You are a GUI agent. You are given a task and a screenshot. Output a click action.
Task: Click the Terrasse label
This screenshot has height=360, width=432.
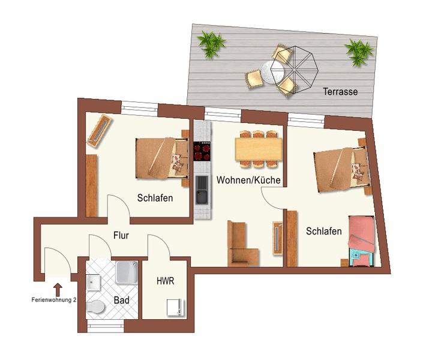click(340, 91)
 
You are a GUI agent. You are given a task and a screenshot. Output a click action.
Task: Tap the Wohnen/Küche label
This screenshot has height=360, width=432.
click(248, 180)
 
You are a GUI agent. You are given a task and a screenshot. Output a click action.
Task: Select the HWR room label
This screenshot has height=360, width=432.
click(166, 281)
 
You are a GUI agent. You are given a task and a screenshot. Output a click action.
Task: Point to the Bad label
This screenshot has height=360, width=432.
click(121, 300)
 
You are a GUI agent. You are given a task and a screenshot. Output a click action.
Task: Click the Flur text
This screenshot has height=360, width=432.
click(121, 235)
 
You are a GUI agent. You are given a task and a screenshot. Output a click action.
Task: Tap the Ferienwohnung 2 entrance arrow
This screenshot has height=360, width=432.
click(58, 290)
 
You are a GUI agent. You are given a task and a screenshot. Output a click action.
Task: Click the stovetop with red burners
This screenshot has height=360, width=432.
click(202, 151)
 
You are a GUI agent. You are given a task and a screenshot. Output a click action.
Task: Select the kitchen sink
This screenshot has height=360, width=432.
click(202, 190)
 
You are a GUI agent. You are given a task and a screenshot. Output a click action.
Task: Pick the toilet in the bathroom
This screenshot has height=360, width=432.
click(95, 307)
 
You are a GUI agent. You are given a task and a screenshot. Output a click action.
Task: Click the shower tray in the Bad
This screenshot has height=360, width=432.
click(127, 272)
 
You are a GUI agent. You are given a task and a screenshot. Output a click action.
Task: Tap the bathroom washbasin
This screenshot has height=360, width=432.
click(93, 283)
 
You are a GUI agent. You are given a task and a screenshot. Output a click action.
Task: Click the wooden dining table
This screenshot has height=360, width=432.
click(259, 149)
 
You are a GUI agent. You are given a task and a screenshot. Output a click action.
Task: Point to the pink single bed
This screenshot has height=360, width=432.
click(362, 241)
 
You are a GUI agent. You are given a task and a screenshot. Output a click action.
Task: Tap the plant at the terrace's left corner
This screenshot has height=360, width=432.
click(211, 44)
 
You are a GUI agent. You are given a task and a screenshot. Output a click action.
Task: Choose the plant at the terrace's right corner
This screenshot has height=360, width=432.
click(359, 52)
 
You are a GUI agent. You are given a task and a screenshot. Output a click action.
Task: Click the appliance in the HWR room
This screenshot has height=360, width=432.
click(175, 307)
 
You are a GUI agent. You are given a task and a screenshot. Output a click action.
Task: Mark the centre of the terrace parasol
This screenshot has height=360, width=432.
click(294, 70)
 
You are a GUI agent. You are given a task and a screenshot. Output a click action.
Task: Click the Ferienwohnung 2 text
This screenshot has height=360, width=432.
click(54, 300)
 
